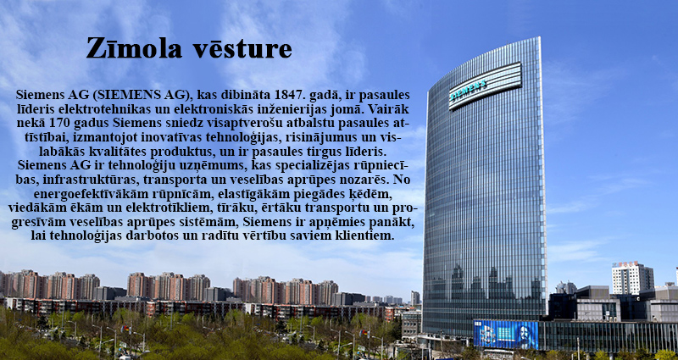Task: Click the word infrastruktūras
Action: (85, 179)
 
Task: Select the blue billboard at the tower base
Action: (506, 334)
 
